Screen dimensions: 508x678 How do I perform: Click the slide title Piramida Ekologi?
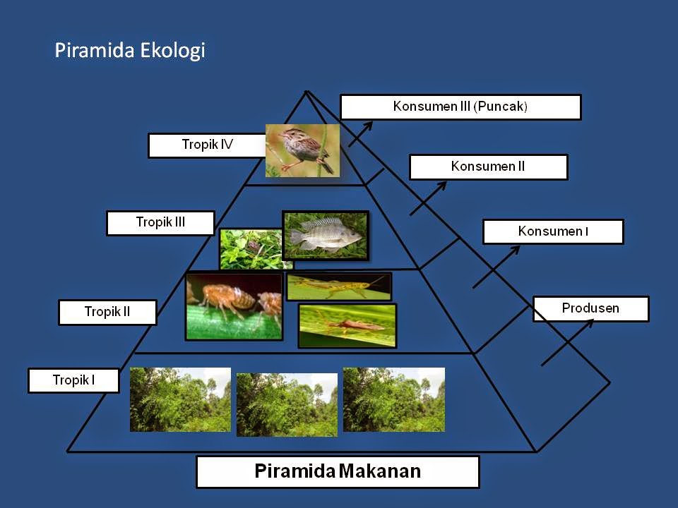click(130, 51)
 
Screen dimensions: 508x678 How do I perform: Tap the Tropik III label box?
click(160, 223)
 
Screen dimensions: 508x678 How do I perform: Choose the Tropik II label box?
click(107, 312)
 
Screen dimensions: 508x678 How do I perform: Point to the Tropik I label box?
click(73, 381)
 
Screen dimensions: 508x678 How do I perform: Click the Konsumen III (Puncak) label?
click(460, 107)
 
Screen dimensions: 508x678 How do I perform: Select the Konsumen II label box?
click(488, 167)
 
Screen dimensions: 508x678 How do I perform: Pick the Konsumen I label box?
click(553, 231)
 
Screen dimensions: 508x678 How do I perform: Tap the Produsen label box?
click(590, 309)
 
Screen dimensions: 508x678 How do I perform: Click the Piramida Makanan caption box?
click(338, 471)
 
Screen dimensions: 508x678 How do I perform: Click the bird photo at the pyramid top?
click(302, 150)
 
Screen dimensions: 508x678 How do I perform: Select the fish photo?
click(326, 235)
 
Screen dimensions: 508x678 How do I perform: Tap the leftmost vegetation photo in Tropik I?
click(180, 399)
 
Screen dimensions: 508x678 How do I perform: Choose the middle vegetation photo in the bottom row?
click(287, 404)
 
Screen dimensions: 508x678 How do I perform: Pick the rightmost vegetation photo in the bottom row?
click(394, 399)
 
